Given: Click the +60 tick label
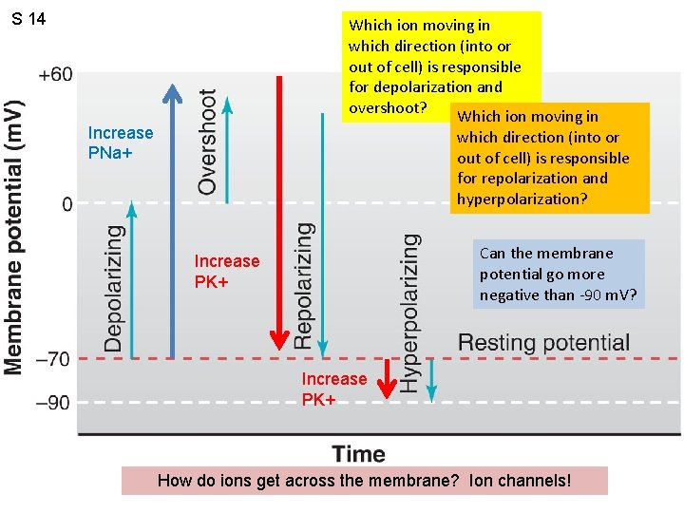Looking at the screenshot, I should pos(55,74).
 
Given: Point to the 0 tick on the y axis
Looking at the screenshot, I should pos(66,204).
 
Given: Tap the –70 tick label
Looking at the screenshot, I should pos(52,359).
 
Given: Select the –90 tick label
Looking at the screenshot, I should pos(52,402).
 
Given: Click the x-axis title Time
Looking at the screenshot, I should pos(358,454).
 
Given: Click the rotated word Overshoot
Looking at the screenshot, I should pos(207,142).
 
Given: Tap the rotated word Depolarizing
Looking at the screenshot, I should pos(113,288).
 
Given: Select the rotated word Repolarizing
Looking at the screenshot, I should pos(303,285).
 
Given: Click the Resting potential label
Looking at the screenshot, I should pos(543,342).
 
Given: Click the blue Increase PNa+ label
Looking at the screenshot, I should pos(120,142).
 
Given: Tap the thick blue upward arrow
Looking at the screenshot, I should pos(172,218).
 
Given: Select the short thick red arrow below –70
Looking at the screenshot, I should pos(386,378).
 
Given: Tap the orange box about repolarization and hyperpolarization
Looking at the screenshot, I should pos(549,158).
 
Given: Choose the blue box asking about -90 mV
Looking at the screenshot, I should pos(560,274).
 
